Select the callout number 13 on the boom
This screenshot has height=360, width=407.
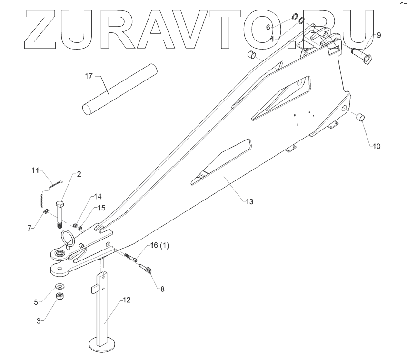[x=249, y=201]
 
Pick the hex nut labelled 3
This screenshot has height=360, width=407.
[x=61, y=297]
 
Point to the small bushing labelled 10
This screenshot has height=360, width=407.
[x=362, y=116]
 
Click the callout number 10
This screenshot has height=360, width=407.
[x=376, y=146]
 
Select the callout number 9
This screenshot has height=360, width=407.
[x=379, y=35]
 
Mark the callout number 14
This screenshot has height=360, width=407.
[x=98, y=197]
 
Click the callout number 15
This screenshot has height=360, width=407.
[x=101, y=208]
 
